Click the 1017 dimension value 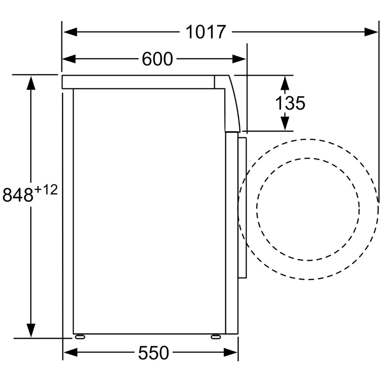tap(206, 32)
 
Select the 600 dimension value tap(157, 59)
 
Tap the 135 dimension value tap(290, 103)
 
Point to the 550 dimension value tap(154, 353)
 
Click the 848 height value tap(18, 194)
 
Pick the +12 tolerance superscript tap(46, 190)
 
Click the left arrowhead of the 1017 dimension tap(70, 32)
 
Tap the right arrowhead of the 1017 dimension tap(371, 32)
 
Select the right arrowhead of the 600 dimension tap(239, 59)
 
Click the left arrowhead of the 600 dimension tap(69, 59)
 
